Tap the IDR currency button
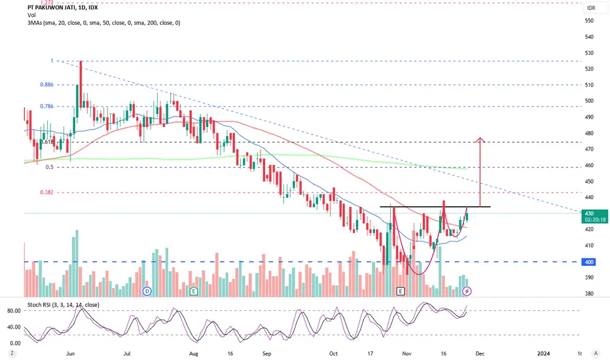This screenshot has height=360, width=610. (x=591, y=8)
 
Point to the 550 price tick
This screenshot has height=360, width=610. (x=589, y=21)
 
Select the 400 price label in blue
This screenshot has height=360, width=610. (x=589, y=262)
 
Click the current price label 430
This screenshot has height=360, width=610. (x=589, y=213)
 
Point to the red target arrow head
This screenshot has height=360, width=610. (x=480, y=139)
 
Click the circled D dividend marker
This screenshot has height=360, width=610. (x=147, y=290)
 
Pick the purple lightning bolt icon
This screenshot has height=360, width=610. (x=467, y=290)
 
